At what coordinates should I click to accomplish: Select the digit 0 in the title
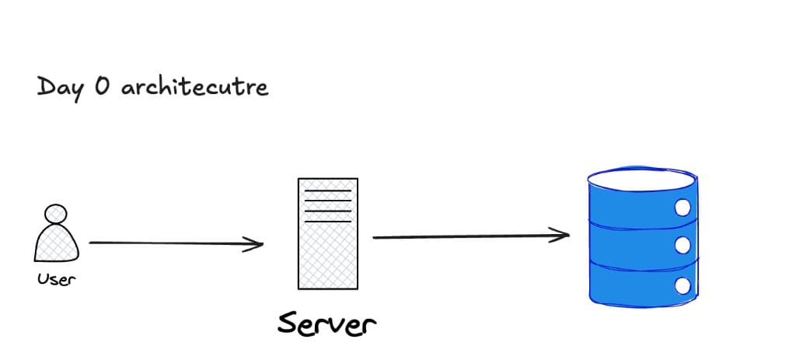(x=102, y=86)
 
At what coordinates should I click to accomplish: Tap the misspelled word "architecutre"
(x=194, y=87)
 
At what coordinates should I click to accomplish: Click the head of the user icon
(x=56, y=214)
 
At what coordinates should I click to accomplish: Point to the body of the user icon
(x=56, y=243)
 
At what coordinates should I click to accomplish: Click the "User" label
(x=56, y=279)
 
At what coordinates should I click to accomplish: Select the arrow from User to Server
(x=176, y=243)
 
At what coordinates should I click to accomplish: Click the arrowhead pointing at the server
(x=254, y=244)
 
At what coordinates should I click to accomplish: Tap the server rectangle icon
(x=328, y=233)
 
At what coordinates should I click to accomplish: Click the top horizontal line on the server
(x=327, y=191)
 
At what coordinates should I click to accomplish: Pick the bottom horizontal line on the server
(x=327, y=222)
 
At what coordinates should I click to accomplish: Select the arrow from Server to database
(x=471, y=236)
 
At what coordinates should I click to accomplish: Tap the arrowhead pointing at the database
(x=560, y=235)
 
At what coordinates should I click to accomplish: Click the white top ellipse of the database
(x=642, y=180)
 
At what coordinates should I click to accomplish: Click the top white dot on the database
(x=683, y=208)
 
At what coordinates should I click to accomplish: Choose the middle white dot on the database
(x=683, y=246)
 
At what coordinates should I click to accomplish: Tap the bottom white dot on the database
(x=683, y=286)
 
